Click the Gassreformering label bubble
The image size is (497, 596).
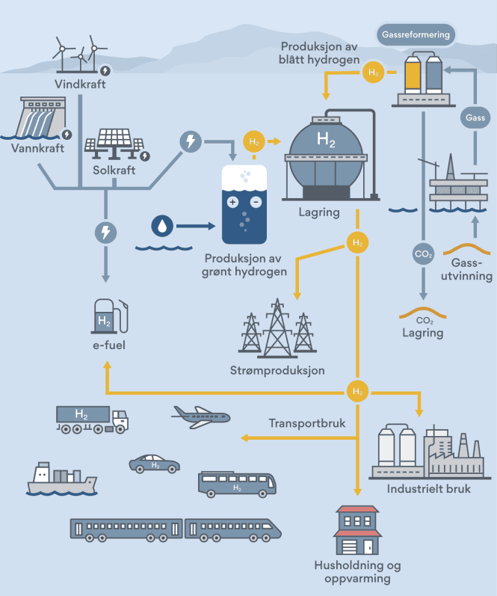point(416,34)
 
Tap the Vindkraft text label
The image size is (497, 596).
point(80,84)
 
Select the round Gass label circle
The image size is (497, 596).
point(475,118)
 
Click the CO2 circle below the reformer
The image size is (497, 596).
point(423,254)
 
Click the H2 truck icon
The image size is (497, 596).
point(91,419)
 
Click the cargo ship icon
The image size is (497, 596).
point(61,479)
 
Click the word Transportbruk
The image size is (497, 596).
point(307,423)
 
